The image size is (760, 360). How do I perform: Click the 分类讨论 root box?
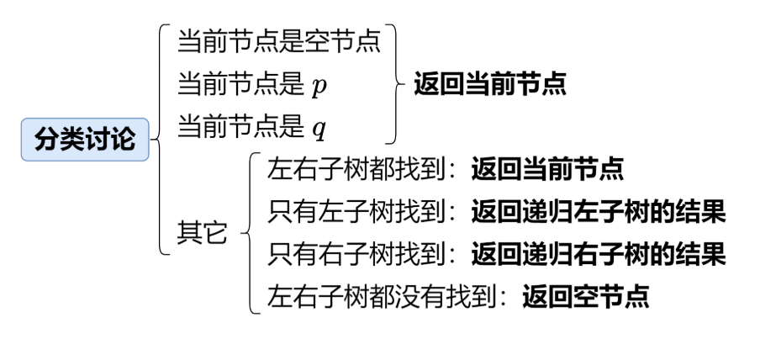coord(85,139)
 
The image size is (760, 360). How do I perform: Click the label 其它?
coord(202,232)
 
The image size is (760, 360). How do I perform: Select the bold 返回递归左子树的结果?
coord(599,211)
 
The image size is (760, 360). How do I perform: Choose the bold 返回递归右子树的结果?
coord(599,253)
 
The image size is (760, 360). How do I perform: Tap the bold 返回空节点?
coord(586,295)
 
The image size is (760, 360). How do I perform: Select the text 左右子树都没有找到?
coord(379,295)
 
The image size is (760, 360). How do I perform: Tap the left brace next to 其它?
coord(249,232)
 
